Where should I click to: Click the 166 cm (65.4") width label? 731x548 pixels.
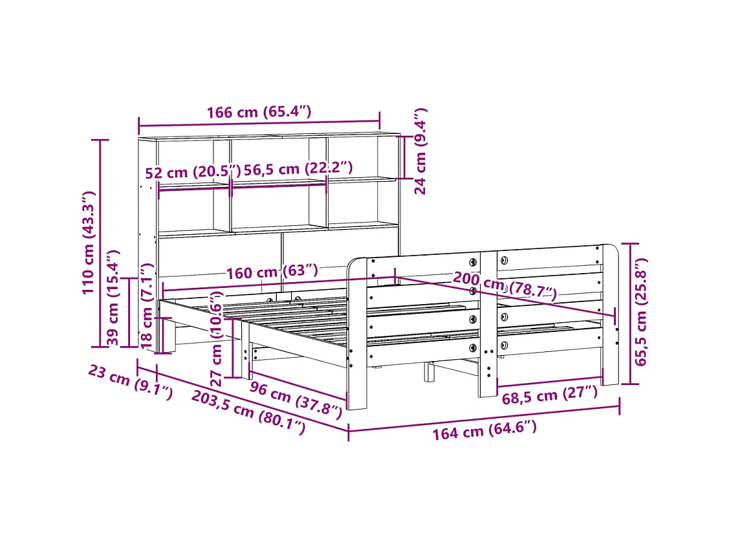[259, 112]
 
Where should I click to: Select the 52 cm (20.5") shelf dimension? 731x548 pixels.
[192, 172]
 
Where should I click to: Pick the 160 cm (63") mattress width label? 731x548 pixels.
[272, 271]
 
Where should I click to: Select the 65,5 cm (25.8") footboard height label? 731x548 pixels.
[641, 312]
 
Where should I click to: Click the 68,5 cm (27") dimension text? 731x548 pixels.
[549, 395]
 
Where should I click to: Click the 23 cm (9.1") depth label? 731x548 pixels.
[130, 382]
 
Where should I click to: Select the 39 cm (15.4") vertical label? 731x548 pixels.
[113, 298]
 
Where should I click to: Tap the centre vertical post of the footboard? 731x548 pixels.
[488, 323]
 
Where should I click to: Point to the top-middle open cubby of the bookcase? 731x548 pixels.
[278, 155]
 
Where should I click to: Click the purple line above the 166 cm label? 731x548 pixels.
[259, 124]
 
